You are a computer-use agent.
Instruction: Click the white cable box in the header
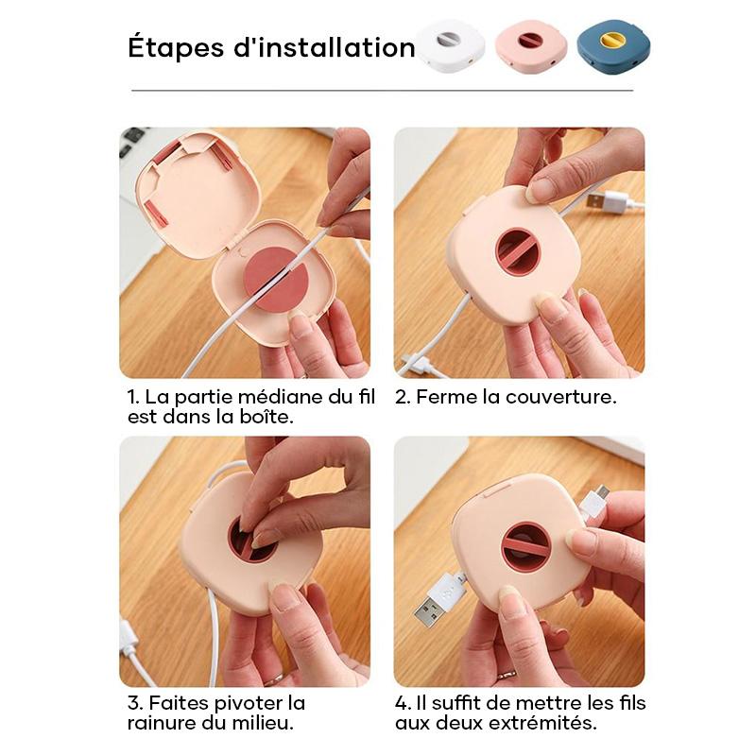pyautogui.click(x=451, y=46)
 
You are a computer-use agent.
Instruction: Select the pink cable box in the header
pyautogui.click(x=531, y=46)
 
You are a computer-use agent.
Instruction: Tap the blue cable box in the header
pyautogui.click(x=613, y=46)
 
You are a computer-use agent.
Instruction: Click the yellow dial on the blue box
pyautogui.click(x=612, y=40)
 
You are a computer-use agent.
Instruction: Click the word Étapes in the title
pyautogui.click(x=177, y=48)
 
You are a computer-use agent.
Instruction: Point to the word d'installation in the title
pyautogui.click(x=324, y=47)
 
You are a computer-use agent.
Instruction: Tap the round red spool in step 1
pyautogui.click(x=276, y=280)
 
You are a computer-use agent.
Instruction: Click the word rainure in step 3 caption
pyautogui.click(x=162, y=723)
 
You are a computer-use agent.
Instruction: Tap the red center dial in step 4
pyautogui.click(x=526, y=546)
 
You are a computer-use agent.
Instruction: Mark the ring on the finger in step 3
pyautogui.click(x=275, y=679)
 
